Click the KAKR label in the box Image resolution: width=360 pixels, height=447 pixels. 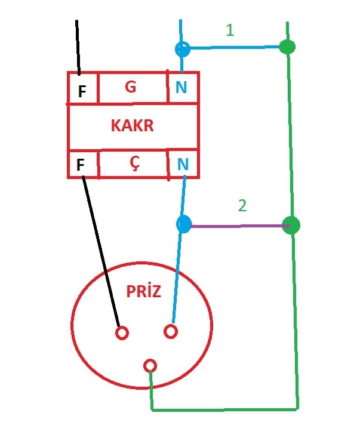132,126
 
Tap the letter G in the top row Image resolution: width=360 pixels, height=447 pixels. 131,87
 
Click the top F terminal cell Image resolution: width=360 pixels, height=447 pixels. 82,91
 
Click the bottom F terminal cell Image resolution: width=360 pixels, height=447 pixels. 82,165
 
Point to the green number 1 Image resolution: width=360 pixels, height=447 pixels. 230,30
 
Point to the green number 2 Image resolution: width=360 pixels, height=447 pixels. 242,206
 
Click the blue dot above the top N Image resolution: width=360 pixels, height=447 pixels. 182,49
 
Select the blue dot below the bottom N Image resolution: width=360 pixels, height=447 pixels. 184,224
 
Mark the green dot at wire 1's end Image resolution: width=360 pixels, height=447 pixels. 287,47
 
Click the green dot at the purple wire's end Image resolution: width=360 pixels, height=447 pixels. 291,225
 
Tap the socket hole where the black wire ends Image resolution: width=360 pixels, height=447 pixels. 122,332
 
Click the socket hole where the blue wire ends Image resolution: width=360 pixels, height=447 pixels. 170,331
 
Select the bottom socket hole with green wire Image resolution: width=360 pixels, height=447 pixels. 150,365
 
